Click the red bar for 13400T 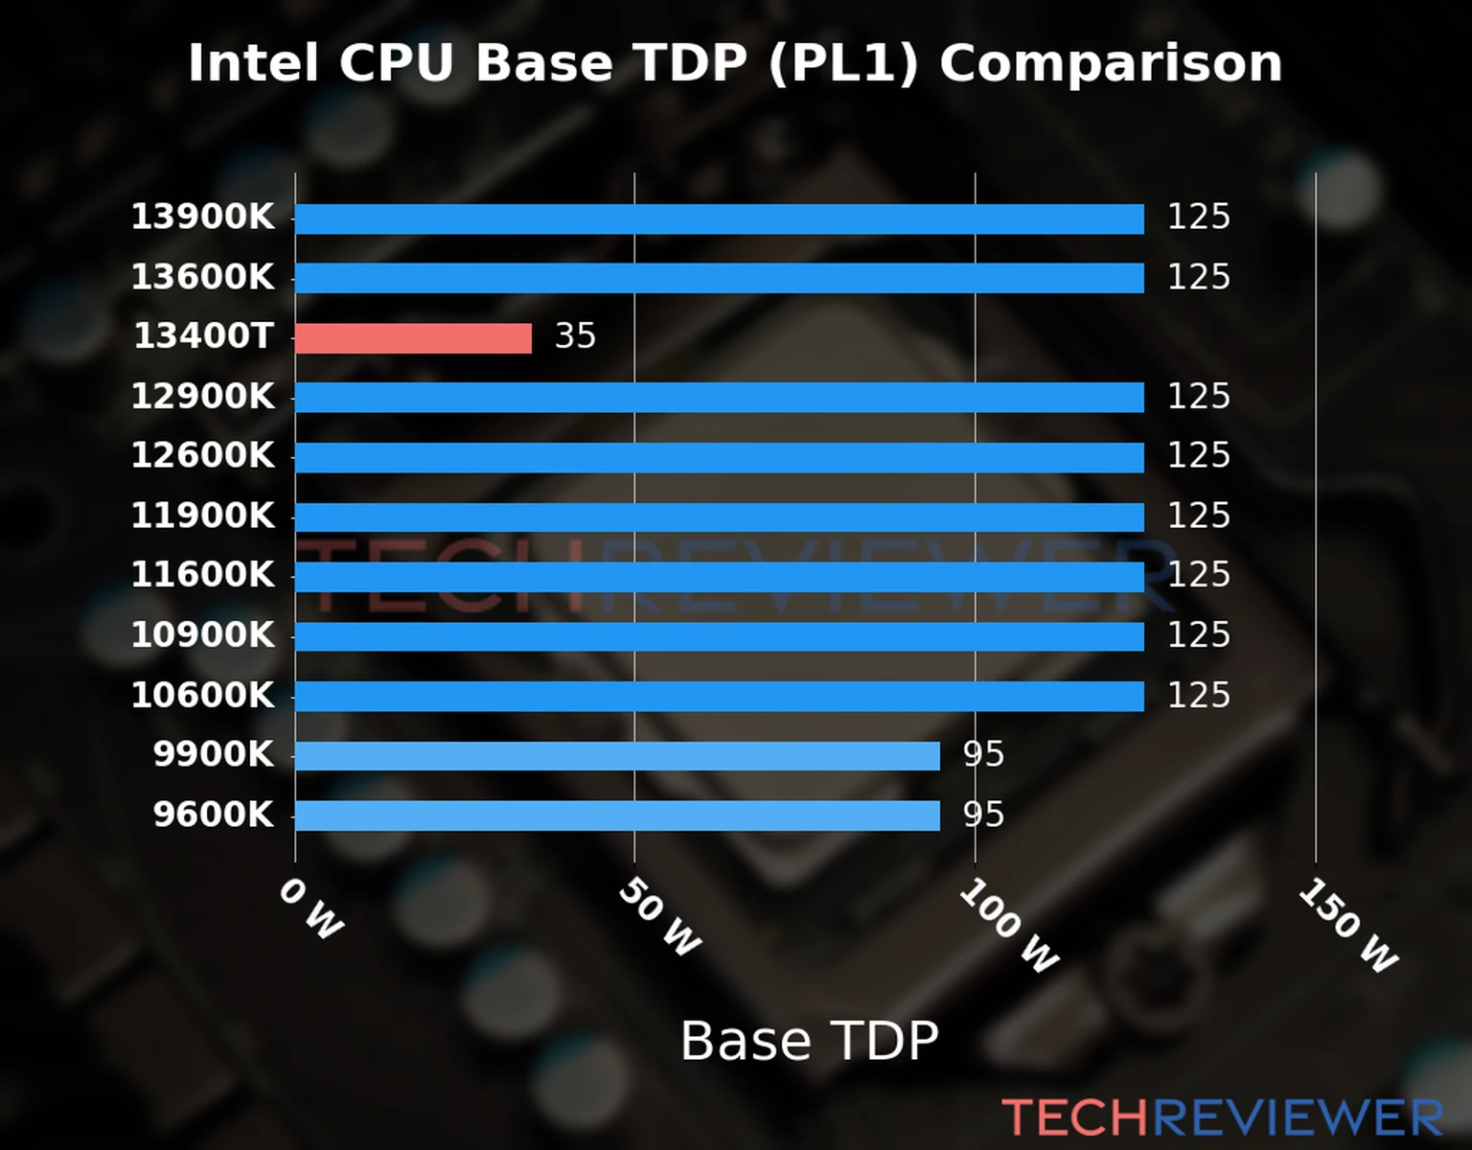413,338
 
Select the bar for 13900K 719,218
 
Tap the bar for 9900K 617,756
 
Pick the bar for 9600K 617,816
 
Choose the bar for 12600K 719,457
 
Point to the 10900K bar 719,636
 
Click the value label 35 575,336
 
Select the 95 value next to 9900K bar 983,755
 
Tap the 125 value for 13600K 1198,277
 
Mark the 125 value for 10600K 1198,696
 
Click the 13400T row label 203,336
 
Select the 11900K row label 202,516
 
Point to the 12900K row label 202,396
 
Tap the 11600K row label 202,575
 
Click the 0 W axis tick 310,908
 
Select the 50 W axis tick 659,917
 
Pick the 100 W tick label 1008,926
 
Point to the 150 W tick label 1347,926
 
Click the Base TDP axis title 809,1041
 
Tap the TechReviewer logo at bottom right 1222,1117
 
